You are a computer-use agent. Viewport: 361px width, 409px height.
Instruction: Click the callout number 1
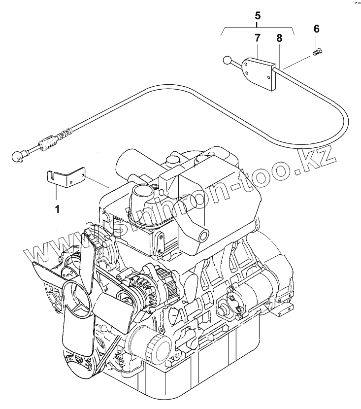coord(57,209)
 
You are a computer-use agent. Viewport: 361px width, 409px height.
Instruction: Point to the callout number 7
coord(258,37)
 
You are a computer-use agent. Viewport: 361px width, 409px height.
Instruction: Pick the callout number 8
coord(279,37)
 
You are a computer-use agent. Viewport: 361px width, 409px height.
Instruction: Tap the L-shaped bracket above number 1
coord(68,178)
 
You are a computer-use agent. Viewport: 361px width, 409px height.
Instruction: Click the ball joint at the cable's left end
coord(17,156)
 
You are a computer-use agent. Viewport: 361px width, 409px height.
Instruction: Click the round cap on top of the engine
coord(172,160)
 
